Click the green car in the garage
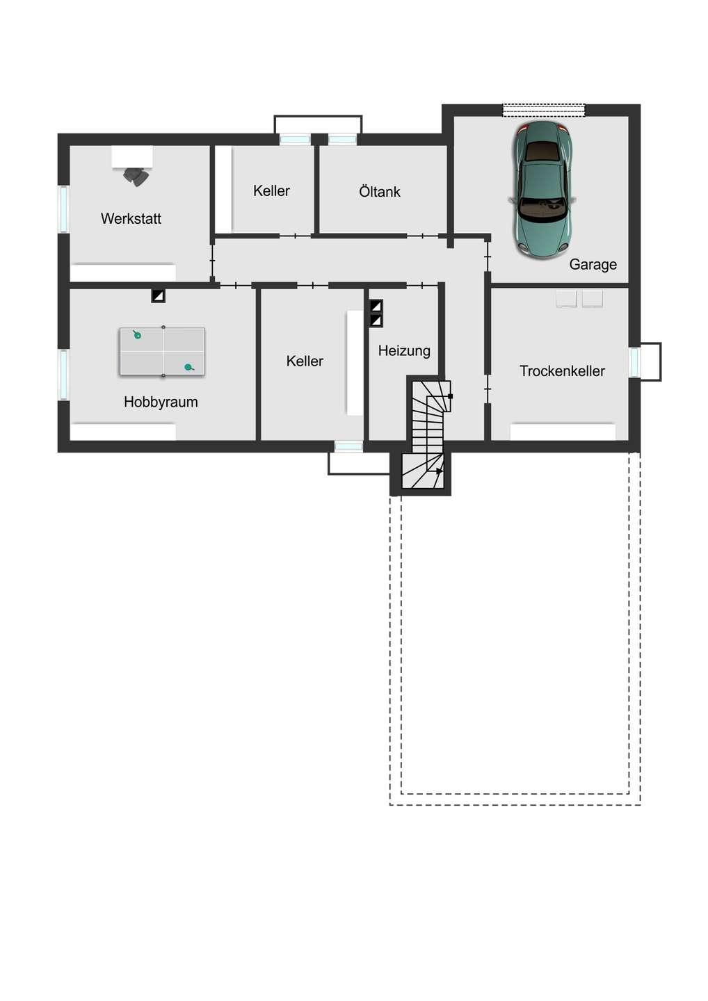(543, 190)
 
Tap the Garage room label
(593, 264)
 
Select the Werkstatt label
(131, 218)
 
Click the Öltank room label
(380, 191)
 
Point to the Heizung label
(404, 350)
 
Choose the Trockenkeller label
(562, 371)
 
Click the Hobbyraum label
(161, 402)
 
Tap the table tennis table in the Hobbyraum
(162, 352)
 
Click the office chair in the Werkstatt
(136, 177)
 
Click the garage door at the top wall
(544, 110)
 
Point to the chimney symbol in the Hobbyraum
(159, 295)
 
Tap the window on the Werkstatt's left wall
(64, 209)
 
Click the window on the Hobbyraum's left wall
(64, 375)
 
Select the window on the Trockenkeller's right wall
(634, 362)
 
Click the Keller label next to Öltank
(271, 190)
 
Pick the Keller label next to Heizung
(305, 361)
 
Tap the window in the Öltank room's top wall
(342, 140)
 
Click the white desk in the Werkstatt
(132, 156)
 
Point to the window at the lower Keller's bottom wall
(348, 446)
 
